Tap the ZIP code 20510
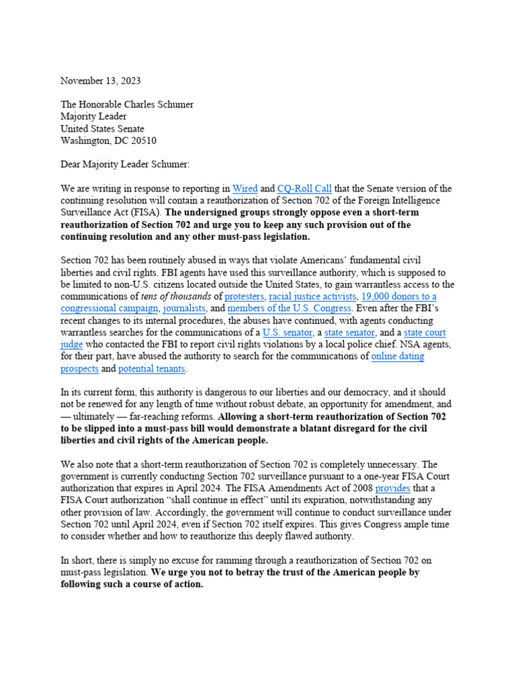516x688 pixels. pyautogui.click(x=143, y=140)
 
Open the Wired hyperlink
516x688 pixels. pyautogui.click(x=245, y=189)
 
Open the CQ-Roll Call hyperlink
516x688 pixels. pyautogui.click(x=304, y=189)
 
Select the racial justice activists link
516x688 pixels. pyautogui.click(x=312, y=296)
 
